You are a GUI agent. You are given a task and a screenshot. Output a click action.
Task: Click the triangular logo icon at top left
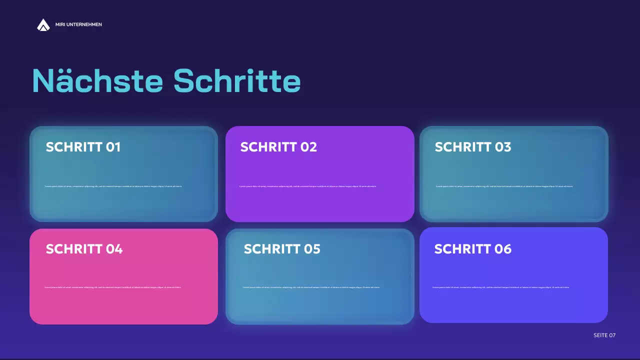click(x=43, y=24)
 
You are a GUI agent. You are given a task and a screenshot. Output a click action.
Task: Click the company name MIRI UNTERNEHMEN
click(x=78, y=24)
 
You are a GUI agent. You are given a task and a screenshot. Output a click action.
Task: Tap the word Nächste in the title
click(x=97, y=80)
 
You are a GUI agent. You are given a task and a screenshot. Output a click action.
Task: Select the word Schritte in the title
click(x=237, y=80)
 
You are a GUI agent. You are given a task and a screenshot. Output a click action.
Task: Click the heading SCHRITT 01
click(x=83, y=147)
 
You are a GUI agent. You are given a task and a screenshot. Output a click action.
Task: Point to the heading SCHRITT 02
click(x=278, y=147)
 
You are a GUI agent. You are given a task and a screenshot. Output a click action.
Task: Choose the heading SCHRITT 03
click(x=472, y=147)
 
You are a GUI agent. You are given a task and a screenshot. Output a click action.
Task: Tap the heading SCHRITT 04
click(x=84, y=249)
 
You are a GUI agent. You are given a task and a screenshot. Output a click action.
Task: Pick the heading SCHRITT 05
click(x=282, y=249)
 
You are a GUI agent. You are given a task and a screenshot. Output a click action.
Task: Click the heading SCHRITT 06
click(x=472, y=249)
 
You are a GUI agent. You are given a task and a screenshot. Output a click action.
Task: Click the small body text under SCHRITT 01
click(x=113, y=186)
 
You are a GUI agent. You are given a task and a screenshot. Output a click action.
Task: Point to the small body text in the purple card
click(x=307, y=186)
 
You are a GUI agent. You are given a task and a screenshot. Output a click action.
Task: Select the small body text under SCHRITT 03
click(x=504, y=186)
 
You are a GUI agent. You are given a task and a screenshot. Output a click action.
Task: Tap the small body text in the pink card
click(x=112, y=287)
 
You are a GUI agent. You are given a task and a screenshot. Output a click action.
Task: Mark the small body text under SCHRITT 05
click(x=311, y=287)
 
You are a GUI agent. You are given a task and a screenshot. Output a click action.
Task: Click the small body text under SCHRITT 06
click(x=500, y=287)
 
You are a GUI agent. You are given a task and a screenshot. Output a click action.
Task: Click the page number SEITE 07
click(x=604, y=335)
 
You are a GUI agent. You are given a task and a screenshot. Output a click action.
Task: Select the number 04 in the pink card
click(x=114, y=249)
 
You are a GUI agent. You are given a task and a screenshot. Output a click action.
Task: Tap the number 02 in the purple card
click(x=308, y=147)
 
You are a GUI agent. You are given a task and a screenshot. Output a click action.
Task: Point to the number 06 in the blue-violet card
click(x=502, y=249)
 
